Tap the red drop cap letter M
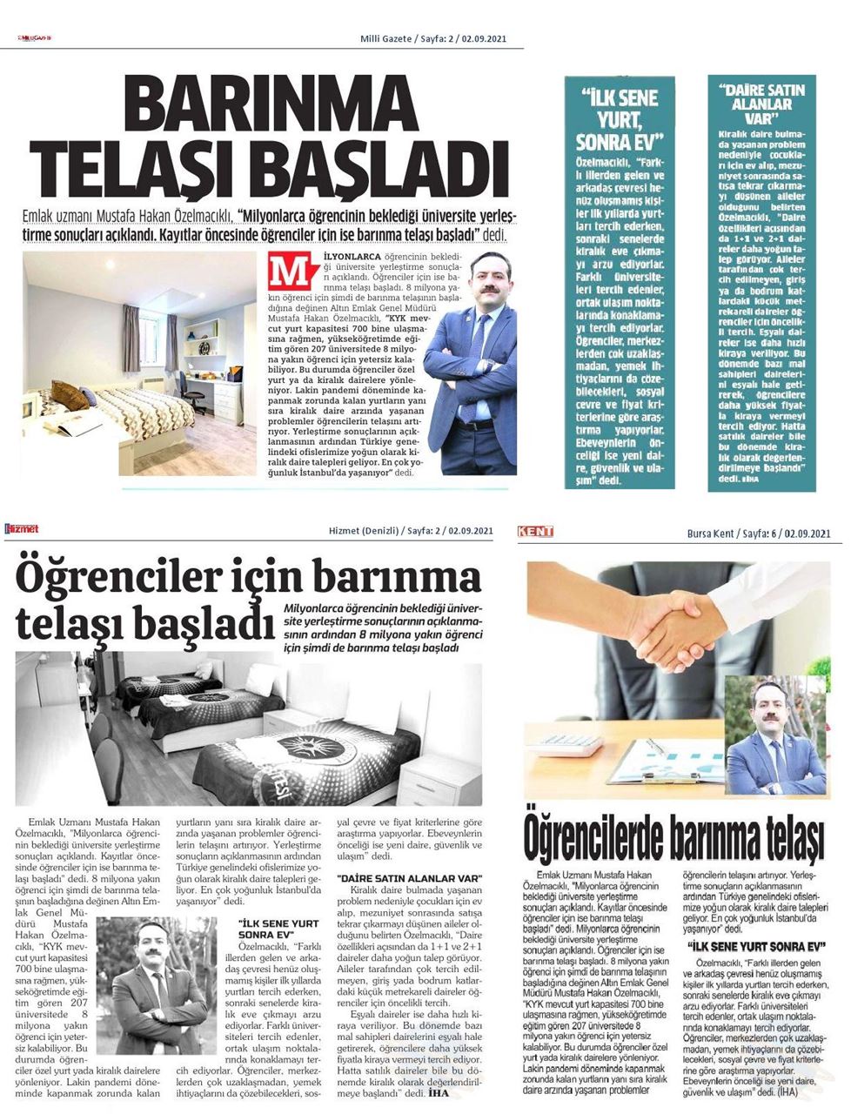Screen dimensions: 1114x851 point(288,272)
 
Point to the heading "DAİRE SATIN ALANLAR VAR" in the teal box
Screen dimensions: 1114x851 point(761,103)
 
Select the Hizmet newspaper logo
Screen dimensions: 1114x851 point(22,529)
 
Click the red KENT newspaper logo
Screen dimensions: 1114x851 point(536,531)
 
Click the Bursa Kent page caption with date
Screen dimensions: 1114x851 point(767,532)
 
